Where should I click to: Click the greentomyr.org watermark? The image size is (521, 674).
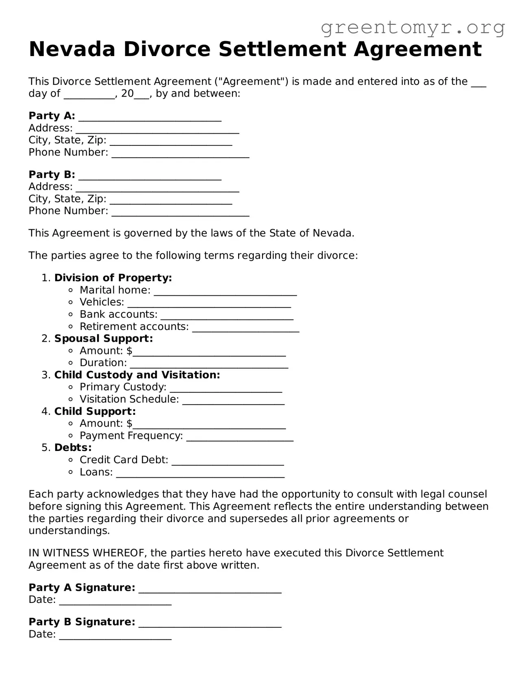coord(413,28)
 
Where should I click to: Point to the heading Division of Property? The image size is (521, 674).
coord(113,278)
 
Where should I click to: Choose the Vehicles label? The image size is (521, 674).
coord(102,302)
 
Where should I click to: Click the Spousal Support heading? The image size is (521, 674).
coord(104,338)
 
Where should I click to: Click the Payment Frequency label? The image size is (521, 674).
coord(131,436)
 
